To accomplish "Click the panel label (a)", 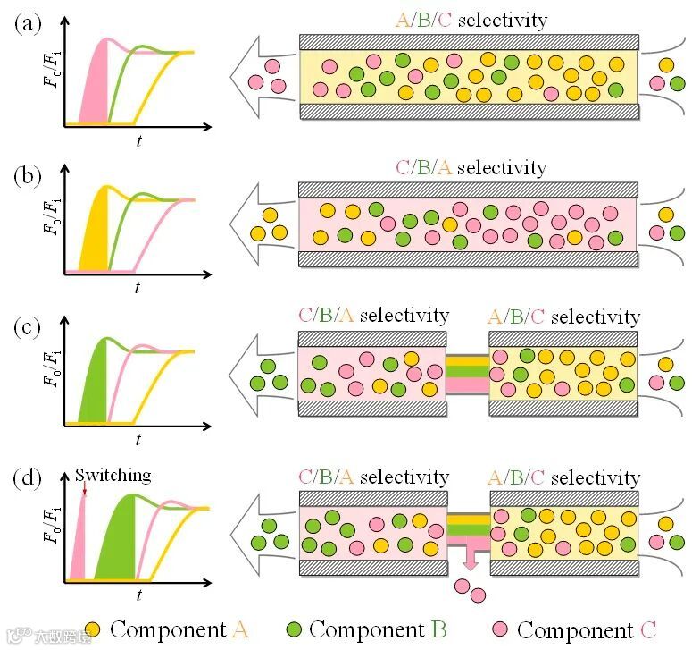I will coord(28,24).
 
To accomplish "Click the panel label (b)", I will coord(28,176).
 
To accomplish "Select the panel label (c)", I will coord(28,327).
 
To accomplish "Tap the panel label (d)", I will coord(28,478).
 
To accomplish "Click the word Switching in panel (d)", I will coord(113,476).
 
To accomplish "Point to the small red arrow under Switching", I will coord(84,490).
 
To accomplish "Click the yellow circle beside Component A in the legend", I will coord(92,629).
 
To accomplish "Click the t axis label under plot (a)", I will coord(138,140).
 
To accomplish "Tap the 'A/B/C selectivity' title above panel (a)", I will coord(471,20).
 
